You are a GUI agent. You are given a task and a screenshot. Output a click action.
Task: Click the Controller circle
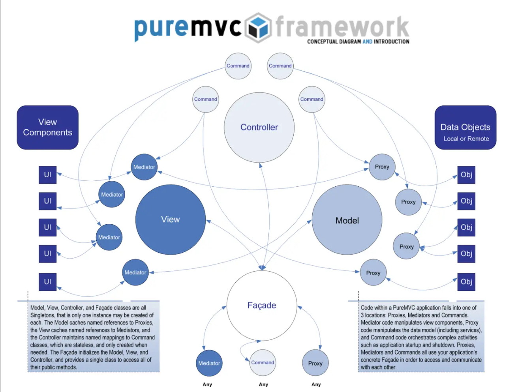tap(259, 127)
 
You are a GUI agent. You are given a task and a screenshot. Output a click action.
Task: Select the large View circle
tap(171, 219)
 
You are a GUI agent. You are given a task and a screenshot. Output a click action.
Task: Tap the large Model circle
tap(347, 220)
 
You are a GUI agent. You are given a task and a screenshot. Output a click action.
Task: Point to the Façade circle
tap(262, 305)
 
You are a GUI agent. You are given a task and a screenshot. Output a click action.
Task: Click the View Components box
tap(48, 127)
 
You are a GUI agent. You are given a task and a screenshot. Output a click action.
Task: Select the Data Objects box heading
tap(465, 127)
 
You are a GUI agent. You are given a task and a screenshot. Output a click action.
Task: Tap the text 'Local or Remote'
tap(466, 139)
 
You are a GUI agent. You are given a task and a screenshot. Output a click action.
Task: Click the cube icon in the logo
tap(258, 28)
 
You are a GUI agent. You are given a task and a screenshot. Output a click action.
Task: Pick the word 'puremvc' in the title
tap(188, 28)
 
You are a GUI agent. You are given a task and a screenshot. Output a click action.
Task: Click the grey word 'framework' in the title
tap(342, 27)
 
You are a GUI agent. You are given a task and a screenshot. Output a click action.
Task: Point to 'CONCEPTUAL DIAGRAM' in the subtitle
tap(334, 41)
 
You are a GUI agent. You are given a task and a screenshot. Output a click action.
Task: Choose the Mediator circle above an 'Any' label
tap(209, 363)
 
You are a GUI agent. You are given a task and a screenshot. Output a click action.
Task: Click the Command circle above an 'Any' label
tap(263, 362)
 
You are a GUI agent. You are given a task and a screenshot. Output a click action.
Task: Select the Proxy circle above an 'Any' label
tap(315, 363)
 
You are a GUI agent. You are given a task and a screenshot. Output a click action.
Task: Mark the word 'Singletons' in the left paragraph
tap(43, 315)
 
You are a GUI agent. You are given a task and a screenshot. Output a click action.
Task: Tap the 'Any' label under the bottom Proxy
tap(316, 384)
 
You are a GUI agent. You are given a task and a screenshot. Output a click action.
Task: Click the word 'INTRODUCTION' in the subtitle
tap(392, 41)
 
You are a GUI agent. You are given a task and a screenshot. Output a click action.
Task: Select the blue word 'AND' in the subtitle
tap(367, 41)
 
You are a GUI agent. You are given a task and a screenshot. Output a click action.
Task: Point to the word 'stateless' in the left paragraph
tap(83, 345)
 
